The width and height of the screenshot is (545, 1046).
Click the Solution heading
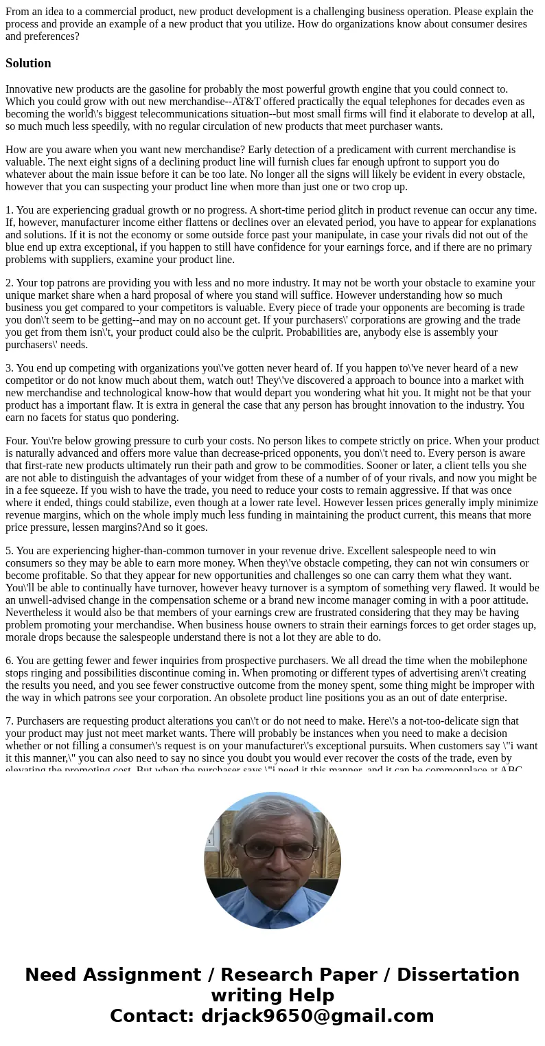point(28,63)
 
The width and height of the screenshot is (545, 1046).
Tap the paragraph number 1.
point(9,210)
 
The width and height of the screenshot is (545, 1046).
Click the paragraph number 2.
point(9,283)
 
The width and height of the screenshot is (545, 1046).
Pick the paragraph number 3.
point(9,368)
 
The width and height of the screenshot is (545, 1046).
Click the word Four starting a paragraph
point(16,441)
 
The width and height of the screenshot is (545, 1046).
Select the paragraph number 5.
point(9,551)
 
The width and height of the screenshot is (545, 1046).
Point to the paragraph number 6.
point(9,661)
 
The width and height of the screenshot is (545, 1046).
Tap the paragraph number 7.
point(9,721)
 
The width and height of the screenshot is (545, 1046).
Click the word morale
point(21,637)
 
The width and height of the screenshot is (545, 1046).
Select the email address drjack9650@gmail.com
point(317,1016)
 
